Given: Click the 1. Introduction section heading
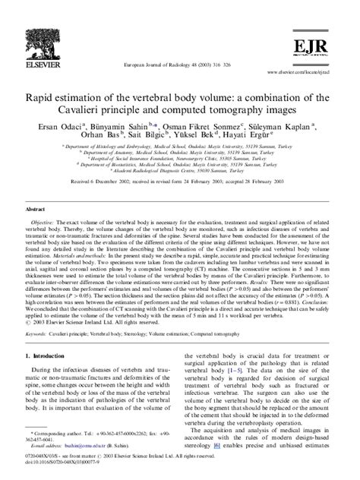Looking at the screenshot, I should coord(49,356).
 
